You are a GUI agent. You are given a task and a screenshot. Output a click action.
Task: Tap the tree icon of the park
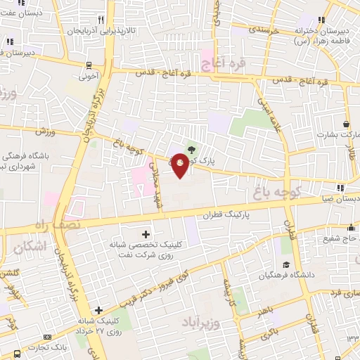192,148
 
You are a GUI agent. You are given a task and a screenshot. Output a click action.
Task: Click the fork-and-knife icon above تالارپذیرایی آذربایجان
102,20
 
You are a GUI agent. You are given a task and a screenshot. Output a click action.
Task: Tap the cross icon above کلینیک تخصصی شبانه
146,233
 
